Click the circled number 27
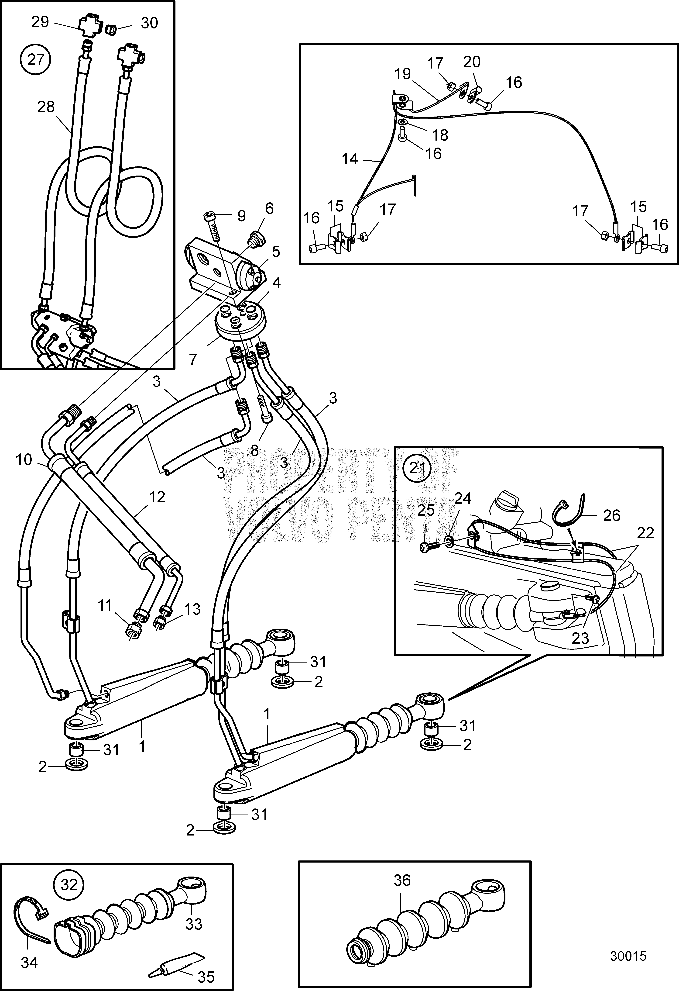click(36, 59)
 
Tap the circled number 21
click(418, 468)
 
